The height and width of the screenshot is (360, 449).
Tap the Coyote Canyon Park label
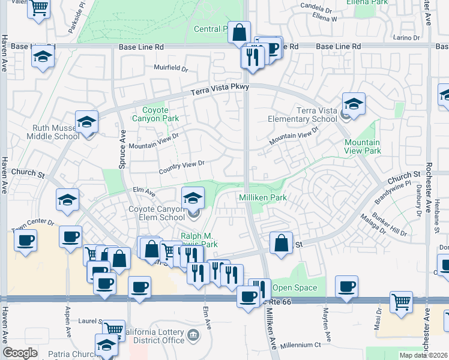160,114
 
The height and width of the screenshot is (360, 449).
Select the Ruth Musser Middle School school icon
87,123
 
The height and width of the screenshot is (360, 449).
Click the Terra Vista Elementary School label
316,115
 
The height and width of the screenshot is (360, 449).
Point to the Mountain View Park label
362,146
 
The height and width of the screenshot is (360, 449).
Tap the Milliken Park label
263,197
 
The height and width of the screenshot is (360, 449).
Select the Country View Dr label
182,167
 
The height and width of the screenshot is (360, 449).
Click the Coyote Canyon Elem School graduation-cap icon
193,197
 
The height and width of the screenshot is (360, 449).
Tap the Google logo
20,353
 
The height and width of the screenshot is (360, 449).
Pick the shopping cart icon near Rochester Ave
401,302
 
